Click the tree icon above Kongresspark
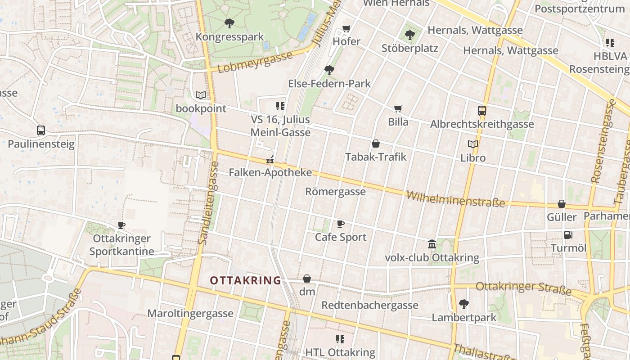(x=229, y=22)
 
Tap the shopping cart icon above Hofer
(x=346, y=28)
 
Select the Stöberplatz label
(x=409, y=48)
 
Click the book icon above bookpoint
(x=201, y=95)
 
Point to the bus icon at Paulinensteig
(x=41, y=130)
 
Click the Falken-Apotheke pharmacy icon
(x=270, y=159)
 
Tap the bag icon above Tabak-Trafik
(x=376, y=144)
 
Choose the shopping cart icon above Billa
(x=398, y=108)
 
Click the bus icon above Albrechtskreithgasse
(x=482, y=110)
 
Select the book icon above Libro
(x=473, y=144)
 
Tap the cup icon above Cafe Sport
(x=341, y=224)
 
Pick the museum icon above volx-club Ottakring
(x=432, y=244)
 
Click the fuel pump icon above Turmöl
(x=568, y=234)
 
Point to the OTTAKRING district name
(x=245, y=280)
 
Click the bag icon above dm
(x=307, y=279)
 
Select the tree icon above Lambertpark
(x=464, y=304)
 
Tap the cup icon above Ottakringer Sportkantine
(x=121, y=225)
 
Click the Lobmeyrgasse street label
(x=255, y=62)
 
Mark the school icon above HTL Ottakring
(x=340, y=339)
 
